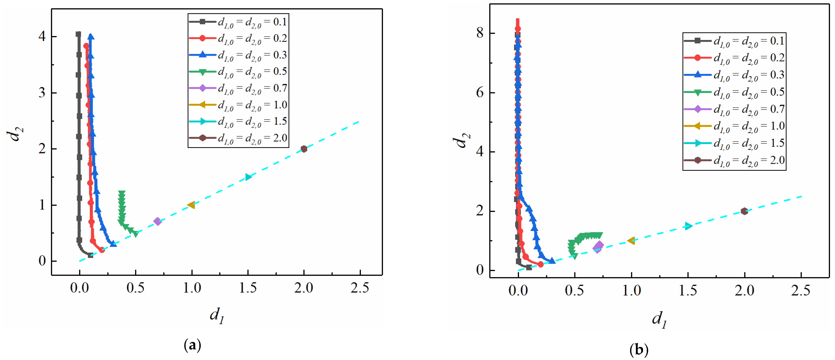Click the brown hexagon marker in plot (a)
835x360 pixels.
click(x=304, y=149)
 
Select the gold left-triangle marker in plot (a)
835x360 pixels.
click(x=191, y=205)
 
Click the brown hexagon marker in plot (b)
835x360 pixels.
click(x=744, y=211)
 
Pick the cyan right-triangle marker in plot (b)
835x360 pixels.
click(x=688, y=226)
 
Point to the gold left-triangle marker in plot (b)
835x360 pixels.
click(x=631, y=241)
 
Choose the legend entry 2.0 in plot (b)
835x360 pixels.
click(x=749, y=160)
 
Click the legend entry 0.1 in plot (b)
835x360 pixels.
click(x=749, y=41)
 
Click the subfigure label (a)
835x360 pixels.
click(x=192, y=346)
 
